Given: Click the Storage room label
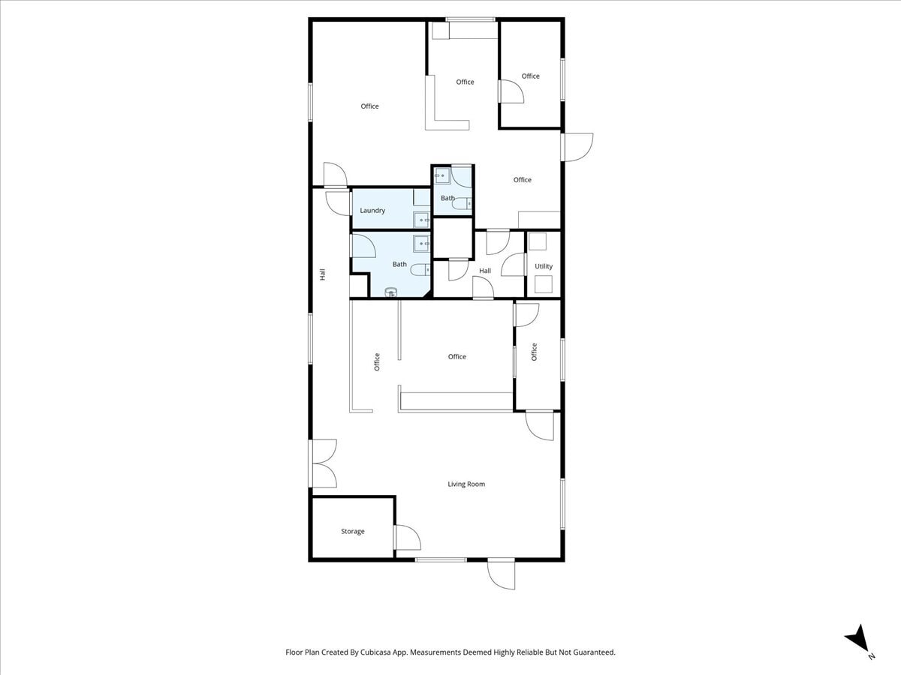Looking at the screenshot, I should [x=353, y=532].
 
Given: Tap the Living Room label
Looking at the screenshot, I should [x=466, y=484].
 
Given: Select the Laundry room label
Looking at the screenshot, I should [x=372, y=211].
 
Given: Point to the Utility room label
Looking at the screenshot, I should [x=544, y=266].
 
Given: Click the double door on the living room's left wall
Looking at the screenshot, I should [x=323, y=463].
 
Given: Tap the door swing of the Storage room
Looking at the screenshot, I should [x=406, y=538].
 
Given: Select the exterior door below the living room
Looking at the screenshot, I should [x=501, y=574].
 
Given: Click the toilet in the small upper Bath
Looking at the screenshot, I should [x=463, y=202].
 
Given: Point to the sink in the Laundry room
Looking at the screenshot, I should [x=422, y=220].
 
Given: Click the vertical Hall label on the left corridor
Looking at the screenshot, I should [x=323, y=274].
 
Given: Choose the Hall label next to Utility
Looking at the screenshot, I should [x=485, y=271].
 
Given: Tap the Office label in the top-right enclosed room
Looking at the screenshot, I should [x=531, y=76].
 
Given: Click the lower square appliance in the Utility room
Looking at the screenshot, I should [x=543, y=285].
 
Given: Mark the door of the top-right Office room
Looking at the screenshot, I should [x=511, y=91].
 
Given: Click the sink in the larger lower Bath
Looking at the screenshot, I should [x=421, y=243].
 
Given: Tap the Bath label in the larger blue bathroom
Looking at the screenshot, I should [x=399, y=264].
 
